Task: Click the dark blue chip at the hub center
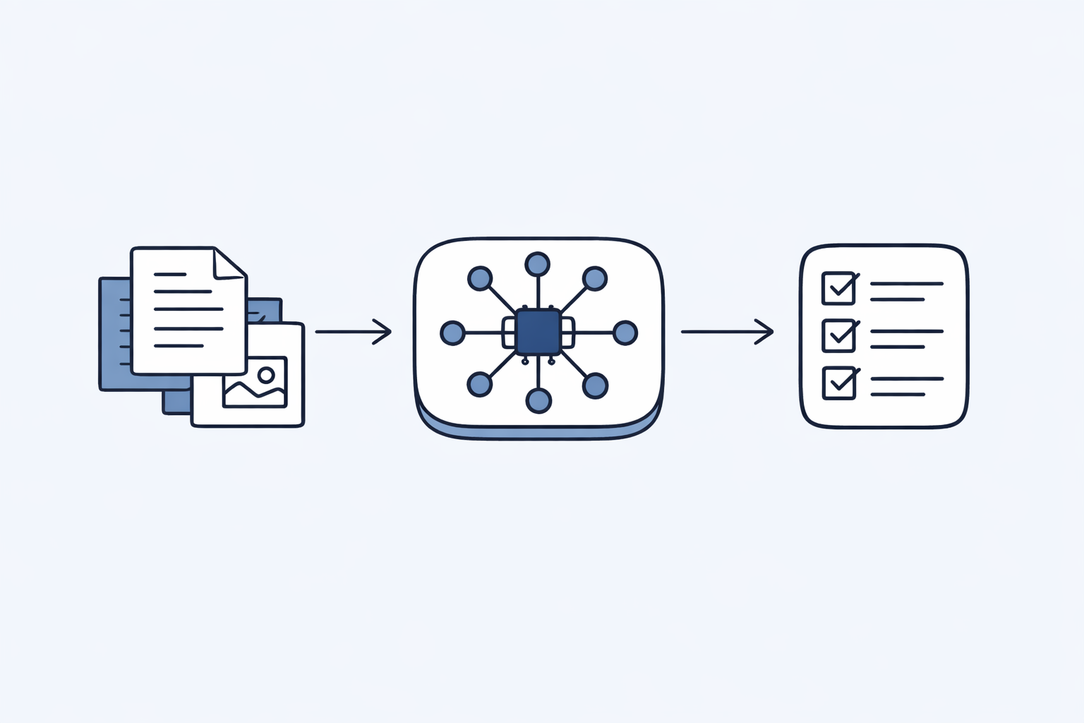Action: pos(538,332)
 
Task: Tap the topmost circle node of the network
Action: pos(538,264)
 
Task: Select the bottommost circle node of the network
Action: pos(538,401)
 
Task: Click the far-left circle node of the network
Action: pos(452,333)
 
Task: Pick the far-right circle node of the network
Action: pos(625,333)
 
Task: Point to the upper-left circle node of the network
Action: pos(480,278)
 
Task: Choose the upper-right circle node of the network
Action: pos(595,278)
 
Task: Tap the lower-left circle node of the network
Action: pos(480,385)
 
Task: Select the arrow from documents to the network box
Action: pos(353,331)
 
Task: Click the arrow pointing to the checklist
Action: pos(727,331)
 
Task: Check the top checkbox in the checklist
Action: pos(838,288)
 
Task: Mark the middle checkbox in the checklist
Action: pos(838,335)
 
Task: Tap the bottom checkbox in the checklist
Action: pos(838,383)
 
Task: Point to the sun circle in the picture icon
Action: pos(266,374)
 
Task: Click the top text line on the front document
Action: pos(170,273)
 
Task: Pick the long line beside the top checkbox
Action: pos(907,284)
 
